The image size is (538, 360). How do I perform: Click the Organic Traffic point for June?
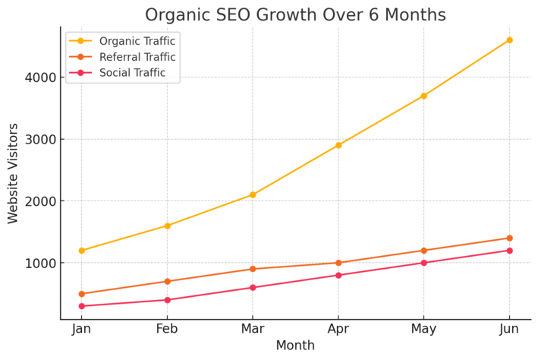(509, 39)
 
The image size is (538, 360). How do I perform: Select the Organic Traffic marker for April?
(338, 145)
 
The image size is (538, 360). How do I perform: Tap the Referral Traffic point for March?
(253, 269)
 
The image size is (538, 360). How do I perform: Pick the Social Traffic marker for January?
(81, 306)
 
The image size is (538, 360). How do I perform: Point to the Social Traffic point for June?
(509, 251)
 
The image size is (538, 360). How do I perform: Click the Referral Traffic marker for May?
(423, 251)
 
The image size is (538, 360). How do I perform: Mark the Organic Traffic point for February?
(167, 226)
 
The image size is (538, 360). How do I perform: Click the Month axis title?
(295, 346)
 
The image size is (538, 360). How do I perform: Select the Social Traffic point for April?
(338, 275)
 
